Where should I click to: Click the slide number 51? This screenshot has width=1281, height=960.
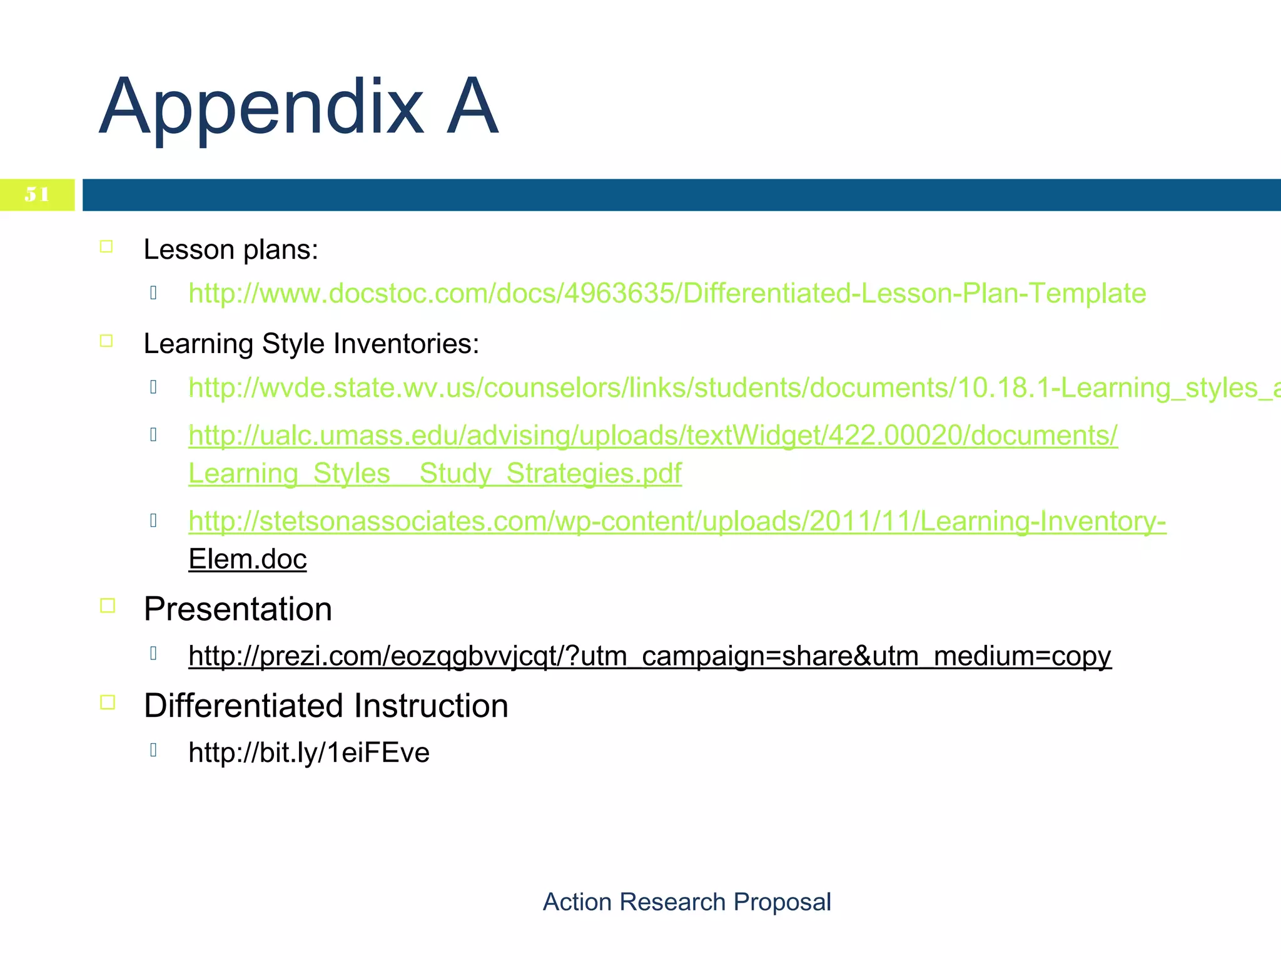pyautogui.click(x=37, y=194)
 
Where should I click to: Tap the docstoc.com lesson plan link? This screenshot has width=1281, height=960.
pyautogui.click(x=667, y=293)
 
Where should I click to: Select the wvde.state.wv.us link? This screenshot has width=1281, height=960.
pyautogui.click(x=732, y=387)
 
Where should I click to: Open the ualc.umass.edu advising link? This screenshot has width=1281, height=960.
pyautogui.click(x=653, y=435)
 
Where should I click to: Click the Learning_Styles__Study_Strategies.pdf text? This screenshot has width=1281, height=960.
pyautogui.click(x=435, y=473)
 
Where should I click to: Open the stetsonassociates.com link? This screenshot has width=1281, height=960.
pyautogui.click(x=677, y=521)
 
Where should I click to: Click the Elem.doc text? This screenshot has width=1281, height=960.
pyautogui.click(x=248, y=559)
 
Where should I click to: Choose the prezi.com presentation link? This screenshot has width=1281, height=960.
pyautogui.click(x=649, y=656)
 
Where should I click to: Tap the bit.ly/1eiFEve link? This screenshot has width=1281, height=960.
pyautogui.click(x=309, y=752)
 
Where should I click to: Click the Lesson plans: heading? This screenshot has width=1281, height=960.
pyautogui.click(x=231, y=249)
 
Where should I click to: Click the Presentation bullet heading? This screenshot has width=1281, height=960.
pyautogui.click(x=238, y=609)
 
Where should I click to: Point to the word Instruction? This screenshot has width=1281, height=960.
pyautogui.click(x=431, y=706)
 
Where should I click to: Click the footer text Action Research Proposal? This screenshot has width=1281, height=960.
pyautogui.click(x=686, y=902)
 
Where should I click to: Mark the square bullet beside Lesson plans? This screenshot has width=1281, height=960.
pyautogui.click(x=106, y=247)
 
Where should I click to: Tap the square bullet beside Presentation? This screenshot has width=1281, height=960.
pyautogui.click(x=108, y=606)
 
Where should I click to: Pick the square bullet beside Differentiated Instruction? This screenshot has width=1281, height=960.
pyautogui.click(x=108, y=702)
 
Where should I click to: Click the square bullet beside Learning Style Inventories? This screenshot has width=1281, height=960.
pyautogui.click(x=106, y=341)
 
